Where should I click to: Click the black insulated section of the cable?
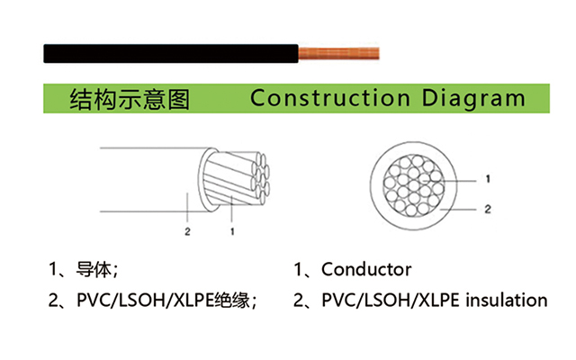171,54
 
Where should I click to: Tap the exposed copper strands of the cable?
338,54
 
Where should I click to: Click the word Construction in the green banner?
330,98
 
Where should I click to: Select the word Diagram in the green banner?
473,99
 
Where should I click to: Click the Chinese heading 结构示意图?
130,99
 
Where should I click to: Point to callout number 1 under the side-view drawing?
232,231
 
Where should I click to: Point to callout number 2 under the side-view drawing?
187,231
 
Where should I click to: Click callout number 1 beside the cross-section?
488,179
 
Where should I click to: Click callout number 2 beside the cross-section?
488,210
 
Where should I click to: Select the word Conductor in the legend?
366,270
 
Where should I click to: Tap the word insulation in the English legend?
507,300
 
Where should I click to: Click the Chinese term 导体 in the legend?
94,270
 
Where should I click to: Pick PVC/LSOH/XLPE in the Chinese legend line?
146,301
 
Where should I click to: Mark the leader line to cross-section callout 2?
458,210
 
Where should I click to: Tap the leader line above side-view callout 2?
187,207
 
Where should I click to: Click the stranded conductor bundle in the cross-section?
413,184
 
